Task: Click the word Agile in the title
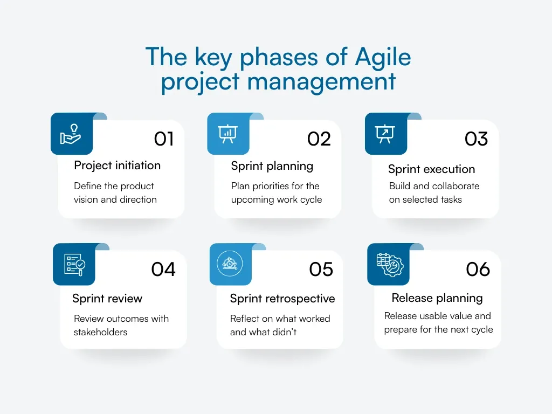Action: [383, 58]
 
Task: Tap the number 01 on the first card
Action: [164, 139]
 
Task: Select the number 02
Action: [319, 139]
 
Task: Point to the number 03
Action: [476, 139]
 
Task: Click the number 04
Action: [163, 269]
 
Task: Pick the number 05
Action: [321, 269]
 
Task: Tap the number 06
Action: [478, 269]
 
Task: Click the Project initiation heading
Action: [117, 165]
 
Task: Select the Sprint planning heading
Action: [272, 166]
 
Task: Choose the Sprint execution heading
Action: [431, 169]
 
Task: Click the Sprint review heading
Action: [107, 299]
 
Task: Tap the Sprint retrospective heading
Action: [282, 299]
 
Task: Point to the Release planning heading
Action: [437, 298]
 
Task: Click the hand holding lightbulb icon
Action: [71, 134]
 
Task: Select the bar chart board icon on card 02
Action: [228, 134]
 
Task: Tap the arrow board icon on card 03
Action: [385, 134]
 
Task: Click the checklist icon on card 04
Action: [74, 264]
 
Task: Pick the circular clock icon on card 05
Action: [230, 264]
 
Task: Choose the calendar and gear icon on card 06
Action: [388, 264]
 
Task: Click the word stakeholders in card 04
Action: [100, 332]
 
